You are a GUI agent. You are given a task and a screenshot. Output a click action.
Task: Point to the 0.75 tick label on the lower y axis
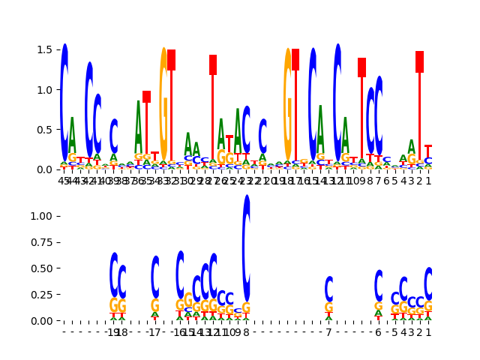point(41,242)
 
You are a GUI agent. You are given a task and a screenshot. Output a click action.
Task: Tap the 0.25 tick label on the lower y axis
point(41,295)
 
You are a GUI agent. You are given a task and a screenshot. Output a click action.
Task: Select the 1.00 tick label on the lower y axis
point(41,216)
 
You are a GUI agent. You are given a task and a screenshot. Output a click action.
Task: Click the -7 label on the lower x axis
point(328,332)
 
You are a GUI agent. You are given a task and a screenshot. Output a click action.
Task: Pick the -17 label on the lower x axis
point(154,332)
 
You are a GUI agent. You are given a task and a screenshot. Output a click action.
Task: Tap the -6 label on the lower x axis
point(378,332)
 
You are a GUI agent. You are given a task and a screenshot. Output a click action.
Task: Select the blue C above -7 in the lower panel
point(328,289)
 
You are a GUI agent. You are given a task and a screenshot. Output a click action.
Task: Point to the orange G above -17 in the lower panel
point(155,306)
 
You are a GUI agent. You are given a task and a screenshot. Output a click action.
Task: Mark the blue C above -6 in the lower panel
point(379,285)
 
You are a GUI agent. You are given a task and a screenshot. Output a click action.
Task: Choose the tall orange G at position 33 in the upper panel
point(163,105)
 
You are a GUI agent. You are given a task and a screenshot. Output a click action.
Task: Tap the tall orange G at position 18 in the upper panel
point(287,105)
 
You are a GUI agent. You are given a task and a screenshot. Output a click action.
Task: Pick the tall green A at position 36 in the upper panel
point(139,127)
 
